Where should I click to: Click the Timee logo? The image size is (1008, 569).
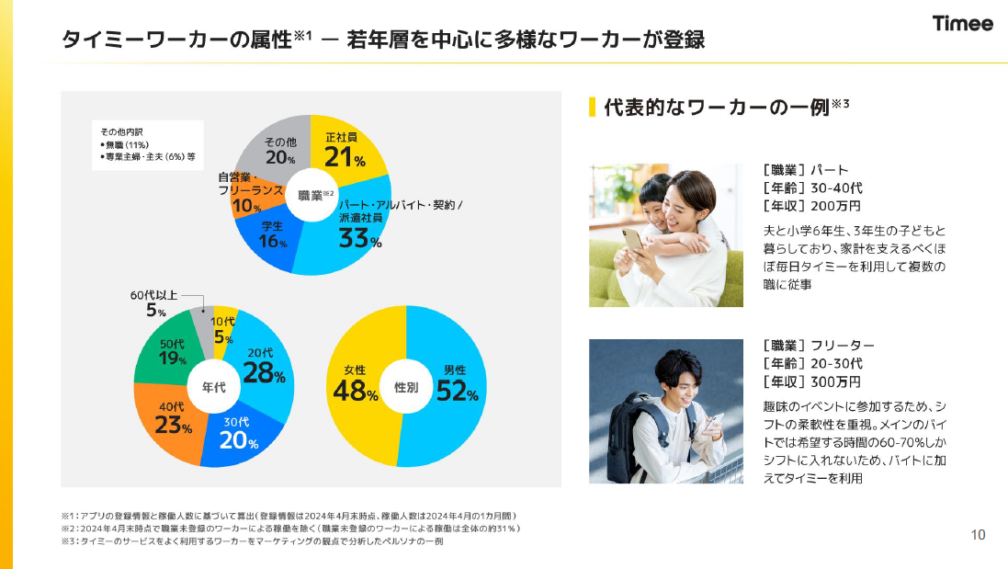[963, 24]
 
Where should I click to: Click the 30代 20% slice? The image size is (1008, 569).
[237, 436]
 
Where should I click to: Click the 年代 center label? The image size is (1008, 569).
[213, 388]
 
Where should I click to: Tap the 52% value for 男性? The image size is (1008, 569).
[457, 393]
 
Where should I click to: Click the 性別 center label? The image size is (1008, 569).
[406, 388]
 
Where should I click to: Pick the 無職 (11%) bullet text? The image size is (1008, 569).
[124, 145]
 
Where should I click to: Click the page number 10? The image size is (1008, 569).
[978, 535]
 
